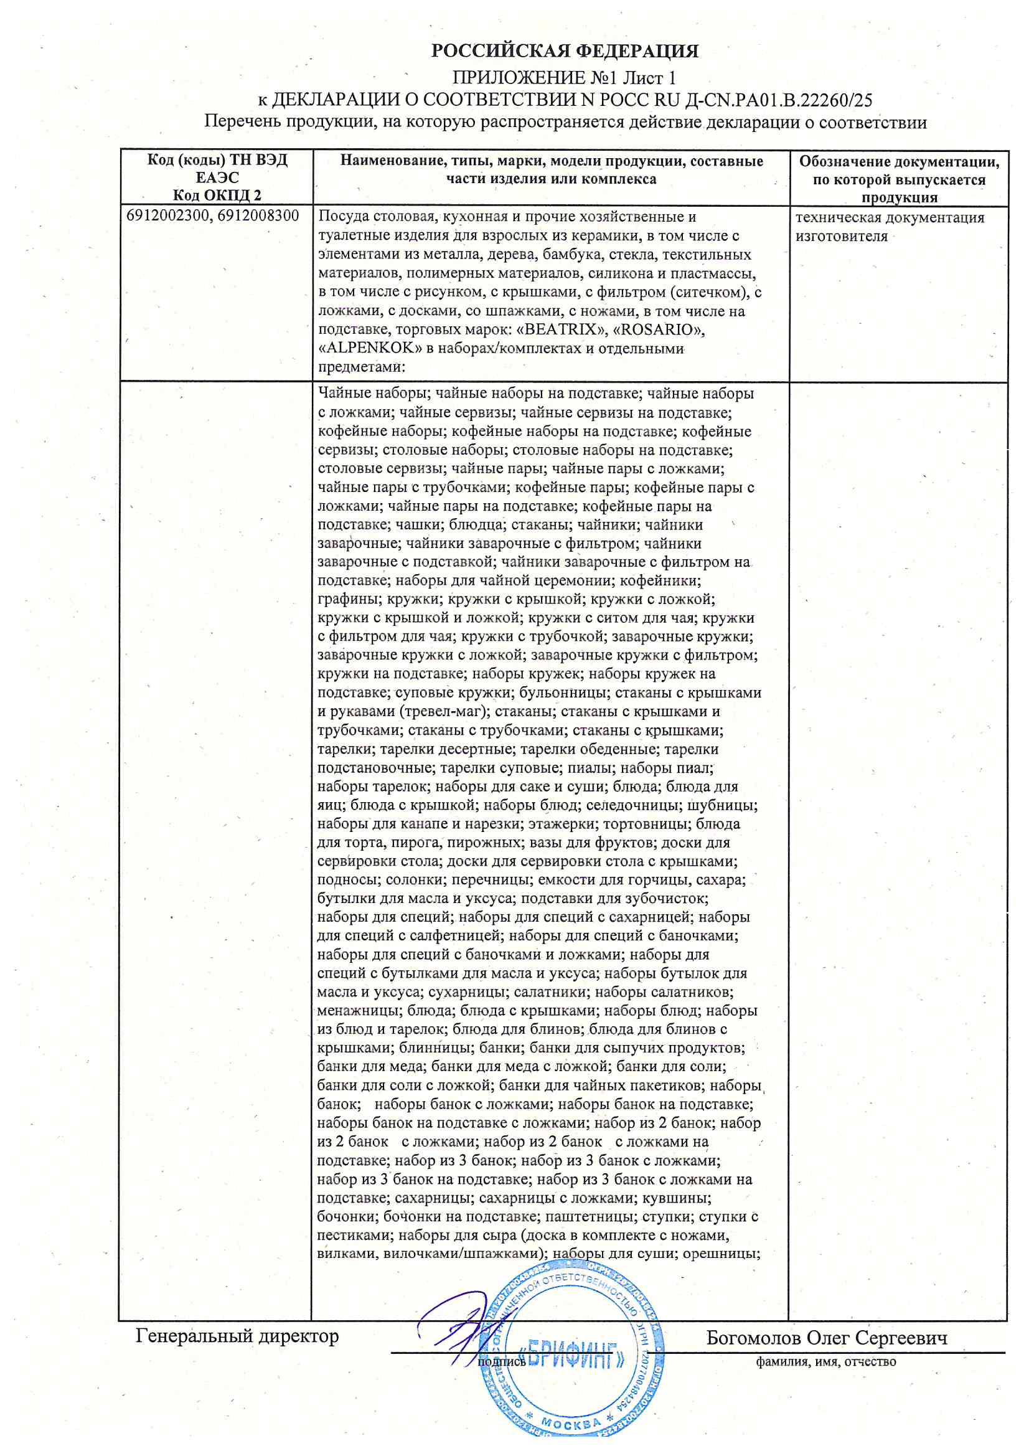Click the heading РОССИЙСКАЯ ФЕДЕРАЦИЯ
[564, 50]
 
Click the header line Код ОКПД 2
[217, 196]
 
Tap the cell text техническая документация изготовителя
[889, 227]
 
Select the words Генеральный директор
[237, 1336]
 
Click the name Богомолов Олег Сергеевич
[827, 1338]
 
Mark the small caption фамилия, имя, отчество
[825, 1361]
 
